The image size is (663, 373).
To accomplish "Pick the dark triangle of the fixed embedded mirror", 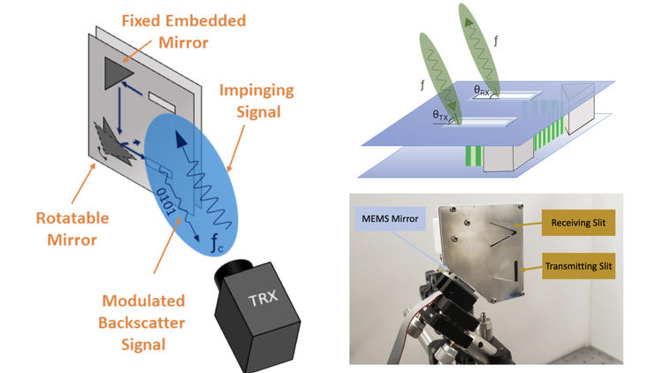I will point(117,72).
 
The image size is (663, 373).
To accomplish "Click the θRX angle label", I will point(485,89).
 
